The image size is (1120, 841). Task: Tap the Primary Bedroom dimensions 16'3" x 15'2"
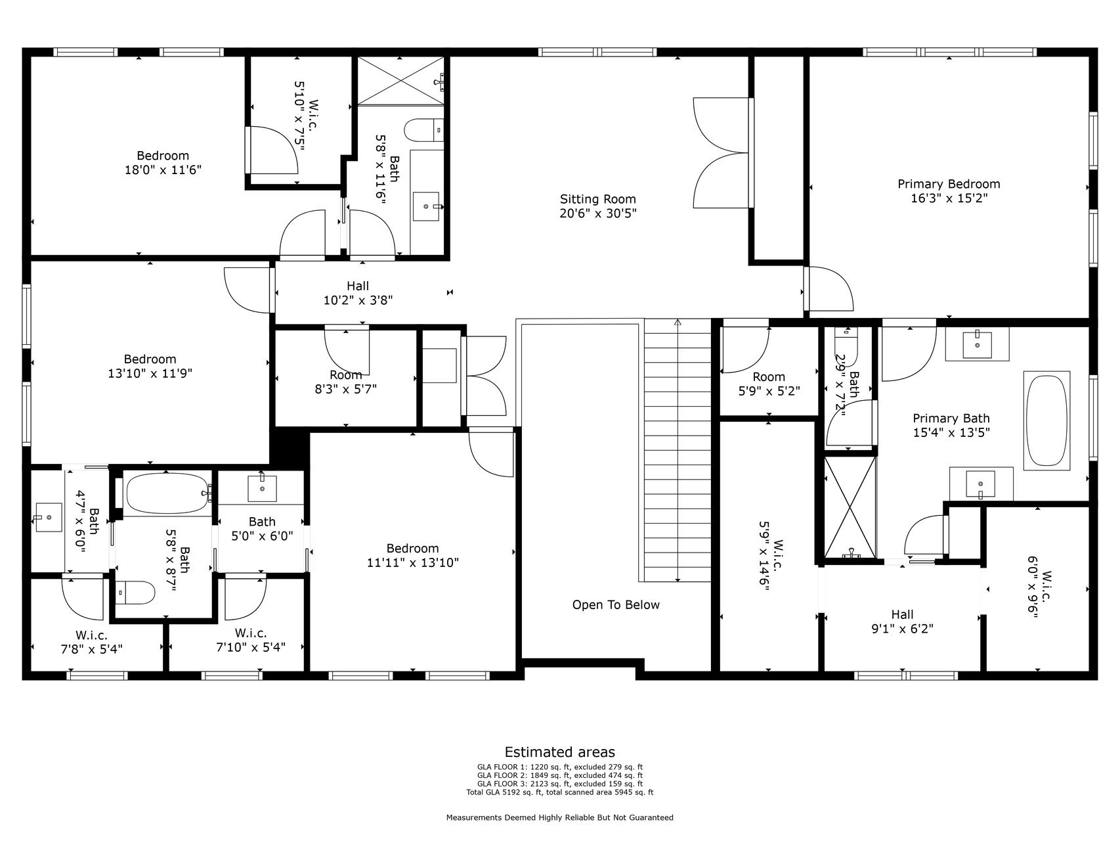click(949, 198)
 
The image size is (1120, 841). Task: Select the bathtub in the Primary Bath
click(1047, 420)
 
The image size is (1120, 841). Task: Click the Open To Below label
click(616, 605)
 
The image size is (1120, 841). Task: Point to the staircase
click(678, 450)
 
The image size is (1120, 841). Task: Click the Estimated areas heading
click(560, 752)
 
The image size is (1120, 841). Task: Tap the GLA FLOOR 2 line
click(560, 775)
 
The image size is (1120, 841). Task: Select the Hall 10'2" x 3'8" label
click(358, 293)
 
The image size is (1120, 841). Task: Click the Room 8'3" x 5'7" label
click(345, 382)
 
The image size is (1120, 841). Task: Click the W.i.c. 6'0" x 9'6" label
click(1039, 587)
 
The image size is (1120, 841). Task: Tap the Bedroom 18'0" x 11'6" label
click(163, 163)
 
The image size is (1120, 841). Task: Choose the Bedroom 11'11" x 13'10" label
click(412, 555)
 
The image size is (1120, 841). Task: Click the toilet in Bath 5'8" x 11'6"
click(423, 130)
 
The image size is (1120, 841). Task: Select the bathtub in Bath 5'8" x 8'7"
click(168, 493)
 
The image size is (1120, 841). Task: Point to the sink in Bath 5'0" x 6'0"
click(262, 488)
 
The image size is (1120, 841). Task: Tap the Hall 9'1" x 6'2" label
click(902, 622)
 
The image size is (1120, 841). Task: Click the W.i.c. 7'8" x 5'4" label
click(91, 642)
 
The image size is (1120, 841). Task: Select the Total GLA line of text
click(560, 792)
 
